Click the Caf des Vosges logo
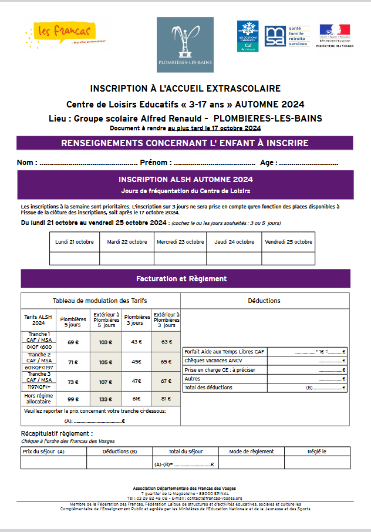pyautogui.click(x=247, y=36)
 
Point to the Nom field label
pyautogui.click(x=27, y=163)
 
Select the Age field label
pyautogui.click(x=268, y=163)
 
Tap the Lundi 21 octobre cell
pyautogui.click(x=75, y=242)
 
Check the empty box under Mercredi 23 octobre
pyautogui.click(x=180, y=258)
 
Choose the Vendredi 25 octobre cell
pyautogui.click(x=288, y=242)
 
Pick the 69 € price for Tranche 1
pyautogui.click(x=73, y=342)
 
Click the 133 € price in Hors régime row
pyautogui.click(x=106, y=399)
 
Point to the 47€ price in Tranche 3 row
pyautogui.click(x=136, y=381)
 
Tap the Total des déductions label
pyautogui.click(x=208, y=388)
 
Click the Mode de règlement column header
pyautogui.click(x=251, y=451)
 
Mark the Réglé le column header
pyautogui.click(x=317, y=451)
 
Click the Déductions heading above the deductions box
pyautogui.click(x=264, y=301)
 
